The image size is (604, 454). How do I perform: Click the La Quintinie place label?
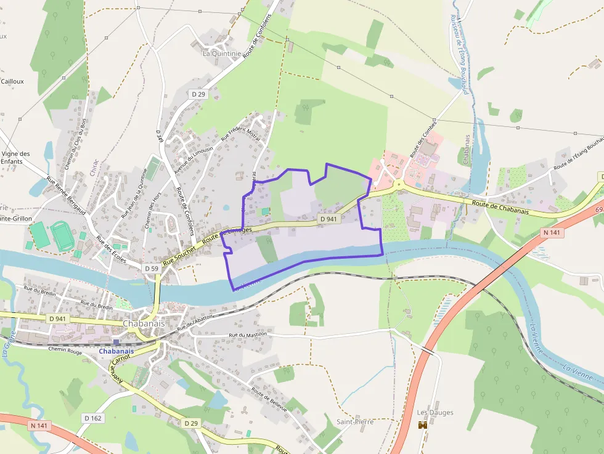[222, 54]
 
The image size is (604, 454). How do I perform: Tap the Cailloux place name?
[12, 81]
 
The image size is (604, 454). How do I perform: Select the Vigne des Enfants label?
[15, 157]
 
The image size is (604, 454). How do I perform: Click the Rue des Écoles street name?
[111, 249]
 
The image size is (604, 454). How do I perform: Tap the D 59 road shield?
[151, 269]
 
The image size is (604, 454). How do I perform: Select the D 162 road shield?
[92, 418]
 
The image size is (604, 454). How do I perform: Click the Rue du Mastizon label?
[248, 334]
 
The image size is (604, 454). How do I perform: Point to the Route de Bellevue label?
[269, 406]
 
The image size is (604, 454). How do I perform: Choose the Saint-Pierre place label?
[354, 422]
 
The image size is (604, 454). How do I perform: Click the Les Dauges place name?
[435, 413]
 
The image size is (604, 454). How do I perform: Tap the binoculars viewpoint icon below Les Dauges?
[423, 424]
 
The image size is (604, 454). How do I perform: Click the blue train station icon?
[115, 343]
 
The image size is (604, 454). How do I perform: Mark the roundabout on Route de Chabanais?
[399, 184]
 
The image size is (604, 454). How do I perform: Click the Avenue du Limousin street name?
[193, 160]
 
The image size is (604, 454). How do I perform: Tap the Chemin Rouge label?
[65, 349]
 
